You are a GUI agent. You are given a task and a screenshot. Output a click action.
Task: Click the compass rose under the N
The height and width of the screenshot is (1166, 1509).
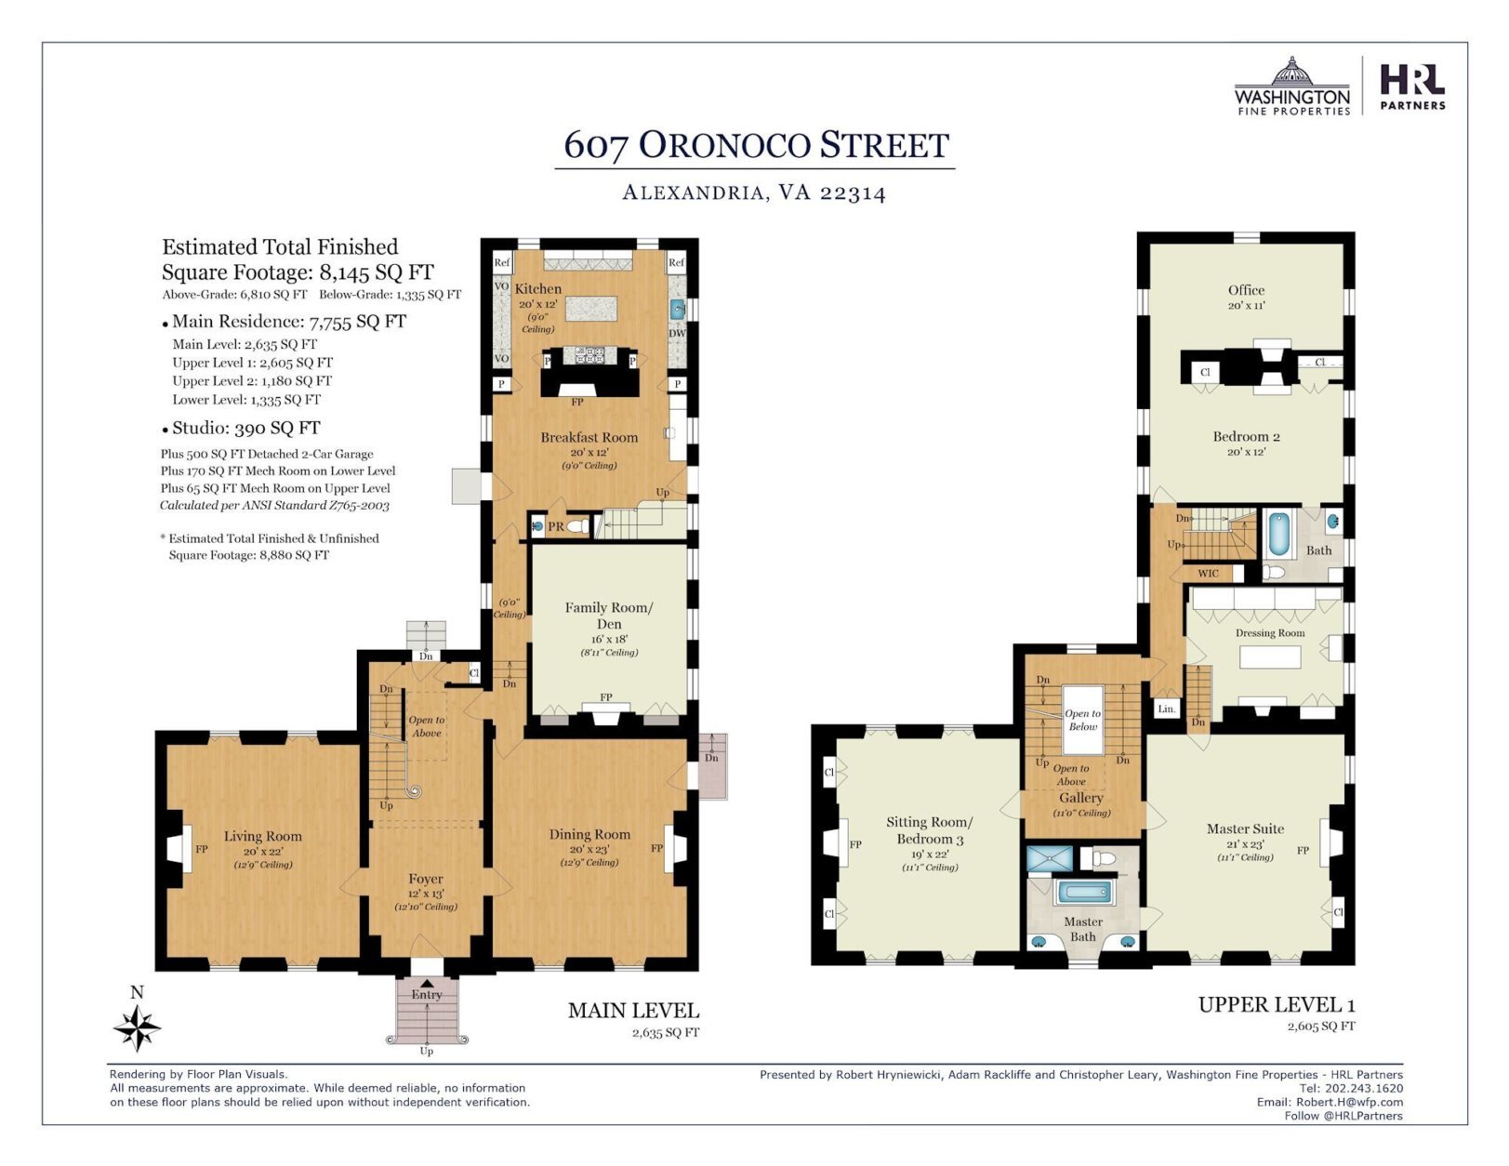pos(138,1027)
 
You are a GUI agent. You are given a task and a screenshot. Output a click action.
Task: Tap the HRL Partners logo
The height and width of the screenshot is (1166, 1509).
pos(1412,86)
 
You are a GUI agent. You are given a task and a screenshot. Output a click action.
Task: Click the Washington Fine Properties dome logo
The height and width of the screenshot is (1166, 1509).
pos(1292,86)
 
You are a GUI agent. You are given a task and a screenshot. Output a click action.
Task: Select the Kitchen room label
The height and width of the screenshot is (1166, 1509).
pos(537,288)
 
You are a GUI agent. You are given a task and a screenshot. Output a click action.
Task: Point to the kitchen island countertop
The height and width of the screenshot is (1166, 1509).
pos(591,308)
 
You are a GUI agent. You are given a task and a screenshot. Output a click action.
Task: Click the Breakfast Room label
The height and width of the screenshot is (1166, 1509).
pos(589,438)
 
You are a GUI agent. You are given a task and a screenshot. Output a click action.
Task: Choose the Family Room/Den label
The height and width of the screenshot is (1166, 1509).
pos(608,616)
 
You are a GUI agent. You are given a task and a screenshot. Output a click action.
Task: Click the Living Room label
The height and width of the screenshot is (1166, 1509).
pos(262,836)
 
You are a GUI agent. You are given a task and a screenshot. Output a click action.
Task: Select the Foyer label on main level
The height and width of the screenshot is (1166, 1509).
pos(426,879)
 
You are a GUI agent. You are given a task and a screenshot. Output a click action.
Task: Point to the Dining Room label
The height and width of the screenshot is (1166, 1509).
pos(589,834)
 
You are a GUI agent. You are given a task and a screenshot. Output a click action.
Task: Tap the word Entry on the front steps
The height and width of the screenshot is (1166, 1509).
pos(427,995)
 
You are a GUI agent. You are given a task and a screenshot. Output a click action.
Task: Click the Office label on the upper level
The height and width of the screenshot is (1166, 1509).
pos(1246,290)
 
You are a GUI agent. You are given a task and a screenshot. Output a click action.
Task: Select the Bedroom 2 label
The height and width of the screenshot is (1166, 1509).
pos(1246,436)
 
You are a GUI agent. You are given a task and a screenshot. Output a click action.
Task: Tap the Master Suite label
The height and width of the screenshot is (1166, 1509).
pos(1245,828)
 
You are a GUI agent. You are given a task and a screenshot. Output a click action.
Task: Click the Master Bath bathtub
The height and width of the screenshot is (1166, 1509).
pos(1082,893)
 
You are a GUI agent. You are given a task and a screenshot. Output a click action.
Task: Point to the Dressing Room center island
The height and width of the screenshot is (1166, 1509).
pos(1270,657)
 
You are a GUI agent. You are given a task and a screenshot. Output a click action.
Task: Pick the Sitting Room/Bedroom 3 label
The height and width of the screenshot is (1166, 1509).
pos(929,830)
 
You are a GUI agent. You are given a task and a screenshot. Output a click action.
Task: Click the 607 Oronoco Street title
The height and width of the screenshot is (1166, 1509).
pos(756,145)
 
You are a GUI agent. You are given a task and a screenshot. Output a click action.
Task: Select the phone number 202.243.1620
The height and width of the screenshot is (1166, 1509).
pos(1364,1088)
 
